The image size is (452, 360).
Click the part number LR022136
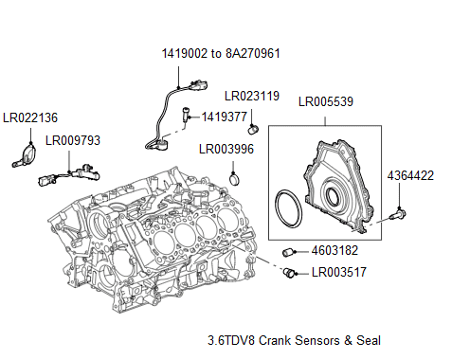[x=29, y=117]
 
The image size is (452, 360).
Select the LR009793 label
[x=72, y=141]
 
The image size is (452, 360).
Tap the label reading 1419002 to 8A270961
[x=219, y=54]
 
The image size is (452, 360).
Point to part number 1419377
[x=226, y=117]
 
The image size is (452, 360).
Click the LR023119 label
[x=252, y=96]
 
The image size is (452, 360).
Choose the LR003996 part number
[x=226, y=149]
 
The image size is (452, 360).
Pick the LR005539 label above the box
[x=325, y=99]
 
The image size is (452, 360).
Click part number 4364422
[x=410, y=175]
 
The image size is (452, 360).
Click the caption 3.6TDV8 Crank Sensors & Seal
[x=294, y=339]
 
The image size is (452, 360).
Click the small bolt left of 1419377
[x=182, y=117]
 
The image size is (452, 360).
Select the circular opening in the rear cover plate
[x=334, y=195]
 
